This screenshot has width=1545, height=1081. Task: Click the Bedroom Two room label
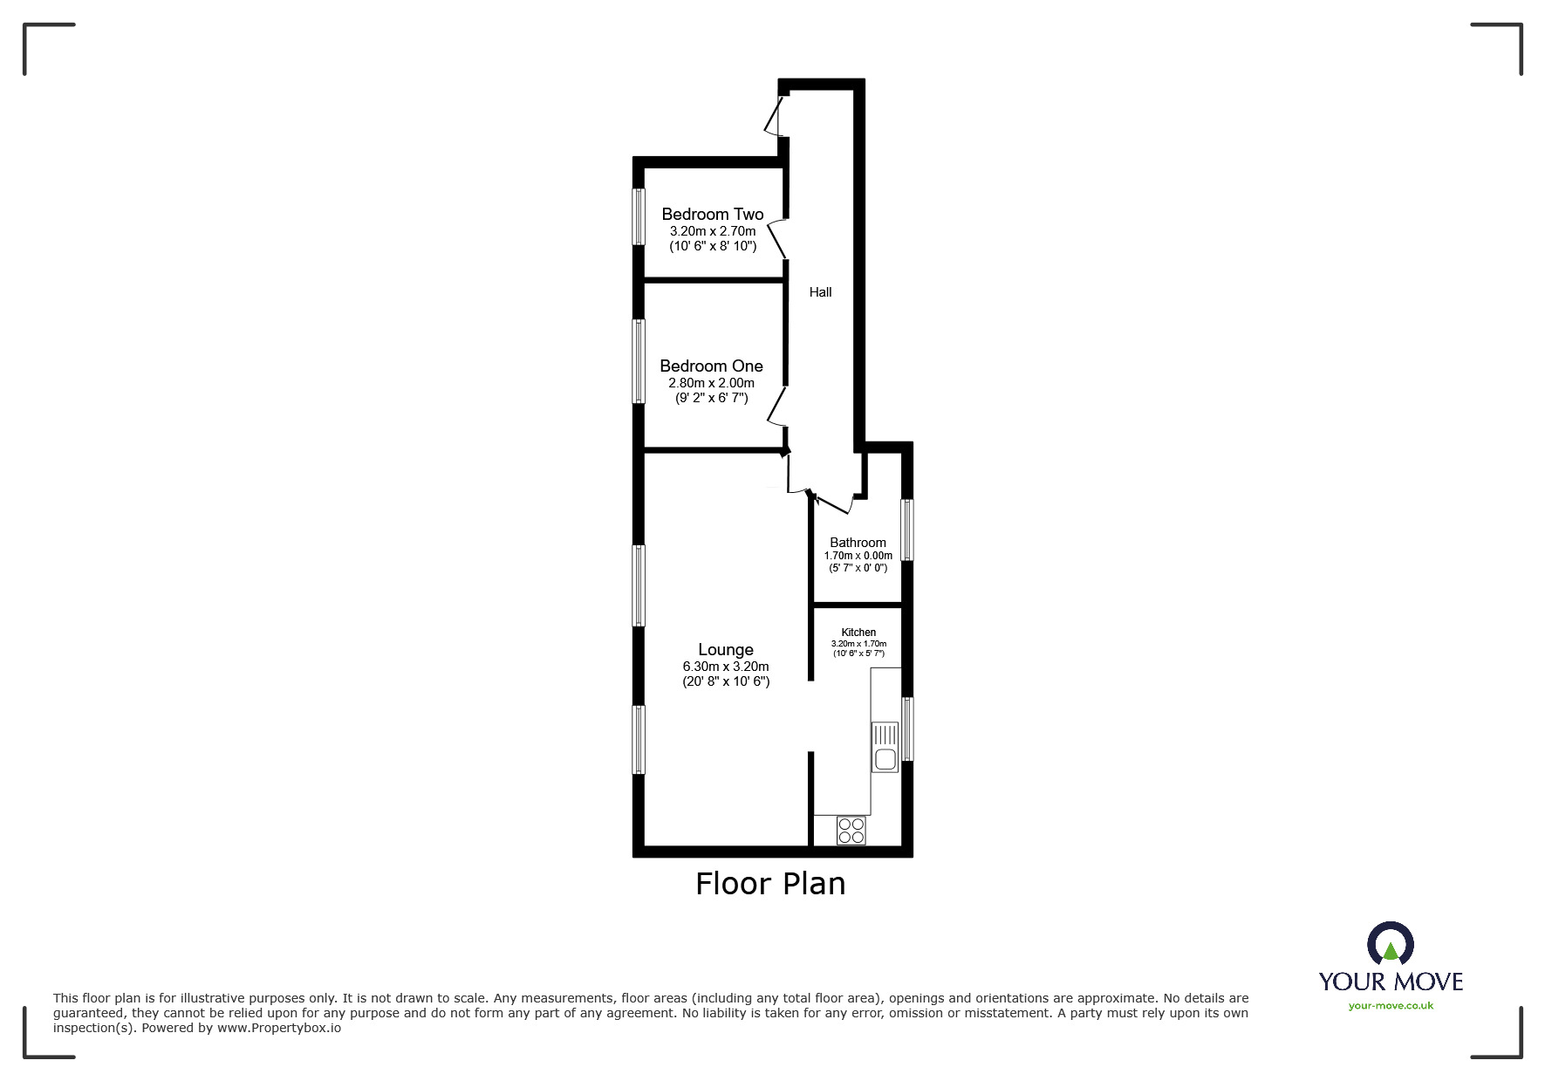click(712, 215)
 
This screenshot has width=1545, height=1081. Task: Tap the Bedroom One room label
click(711, 366)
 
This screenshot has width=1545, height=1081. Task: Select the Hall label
click(820, 292)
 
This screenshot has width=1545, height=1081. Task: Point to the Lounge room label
click(725, 650)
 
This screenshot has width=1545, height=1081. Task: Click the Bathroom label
click(858, 543)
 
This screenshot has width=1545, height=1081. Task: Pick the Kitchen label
click(858, 633)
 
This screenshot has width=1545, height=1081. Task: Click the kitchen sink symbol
click(885, 747)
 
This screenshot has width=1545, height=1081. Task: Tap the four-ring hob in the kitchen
click(851, 830)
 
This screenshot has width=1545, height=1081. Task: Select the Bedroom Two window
click(639, 216)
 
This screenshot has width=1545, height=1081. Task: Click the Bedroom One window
click(639, 361)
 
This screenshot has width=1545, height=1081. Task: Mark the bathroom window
click(907, 529)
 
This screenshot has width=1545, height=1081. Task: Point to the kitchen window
click(907, 729)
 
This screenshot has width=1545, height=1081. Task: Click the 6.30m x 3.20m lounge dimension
click(726, 667)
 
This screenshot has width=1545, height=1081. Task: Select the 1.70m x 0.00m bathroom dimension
click(858, 556)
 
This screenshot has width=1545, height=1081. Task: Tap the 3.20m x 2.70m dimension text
click(713, 231)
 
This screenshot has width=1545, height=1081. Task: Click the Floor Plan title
click(770, 884)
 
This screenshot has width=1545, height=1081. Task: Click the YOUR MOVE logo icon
click(1390, 945)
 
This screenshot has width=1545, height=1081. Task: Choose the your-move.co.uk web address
click(1391, 1006)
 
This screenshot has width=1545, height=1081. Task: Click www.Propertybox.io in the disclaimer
click(279, 1028)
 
